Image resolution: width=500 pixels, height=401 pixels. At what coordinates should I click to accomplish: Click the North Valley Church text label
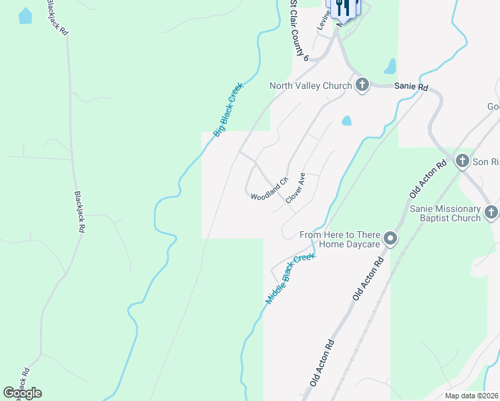(310, 86)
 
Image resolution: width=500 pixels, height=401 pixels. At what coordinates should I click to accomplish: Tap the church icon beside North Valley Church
(362, 86)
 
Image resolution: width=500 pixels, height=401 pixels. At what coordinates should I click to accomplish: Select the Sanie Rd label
(410, 87)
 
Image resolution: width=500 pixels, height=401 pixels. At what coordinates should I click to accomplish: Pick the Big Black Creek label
(229, 110)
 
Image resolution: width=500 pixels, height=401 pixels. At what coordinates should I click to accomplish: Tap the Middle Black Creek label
(289, 279)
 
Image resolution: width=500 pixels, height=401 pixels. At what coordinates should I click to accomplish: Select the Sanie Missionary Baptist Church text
(445, 213)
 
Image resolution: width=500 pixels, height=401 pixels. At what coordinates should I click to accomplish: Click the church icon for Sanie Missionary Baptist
(491, 213)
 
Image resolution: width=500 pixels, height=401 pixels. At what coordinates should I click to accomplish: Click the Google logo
(22, 393)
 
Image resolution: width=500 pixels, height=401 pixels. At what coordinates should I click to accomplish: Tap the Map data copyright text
(471, 395)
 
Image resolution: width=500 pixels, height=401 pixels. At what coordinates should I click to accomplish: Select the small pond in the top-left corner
(25, 16)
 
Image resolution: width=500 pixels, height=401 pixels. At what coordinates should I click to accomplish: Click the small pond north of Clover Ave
(346, 121)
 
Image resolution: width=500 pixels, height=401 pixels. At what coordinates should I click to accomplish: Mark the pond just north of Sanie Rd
(390, 66)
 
